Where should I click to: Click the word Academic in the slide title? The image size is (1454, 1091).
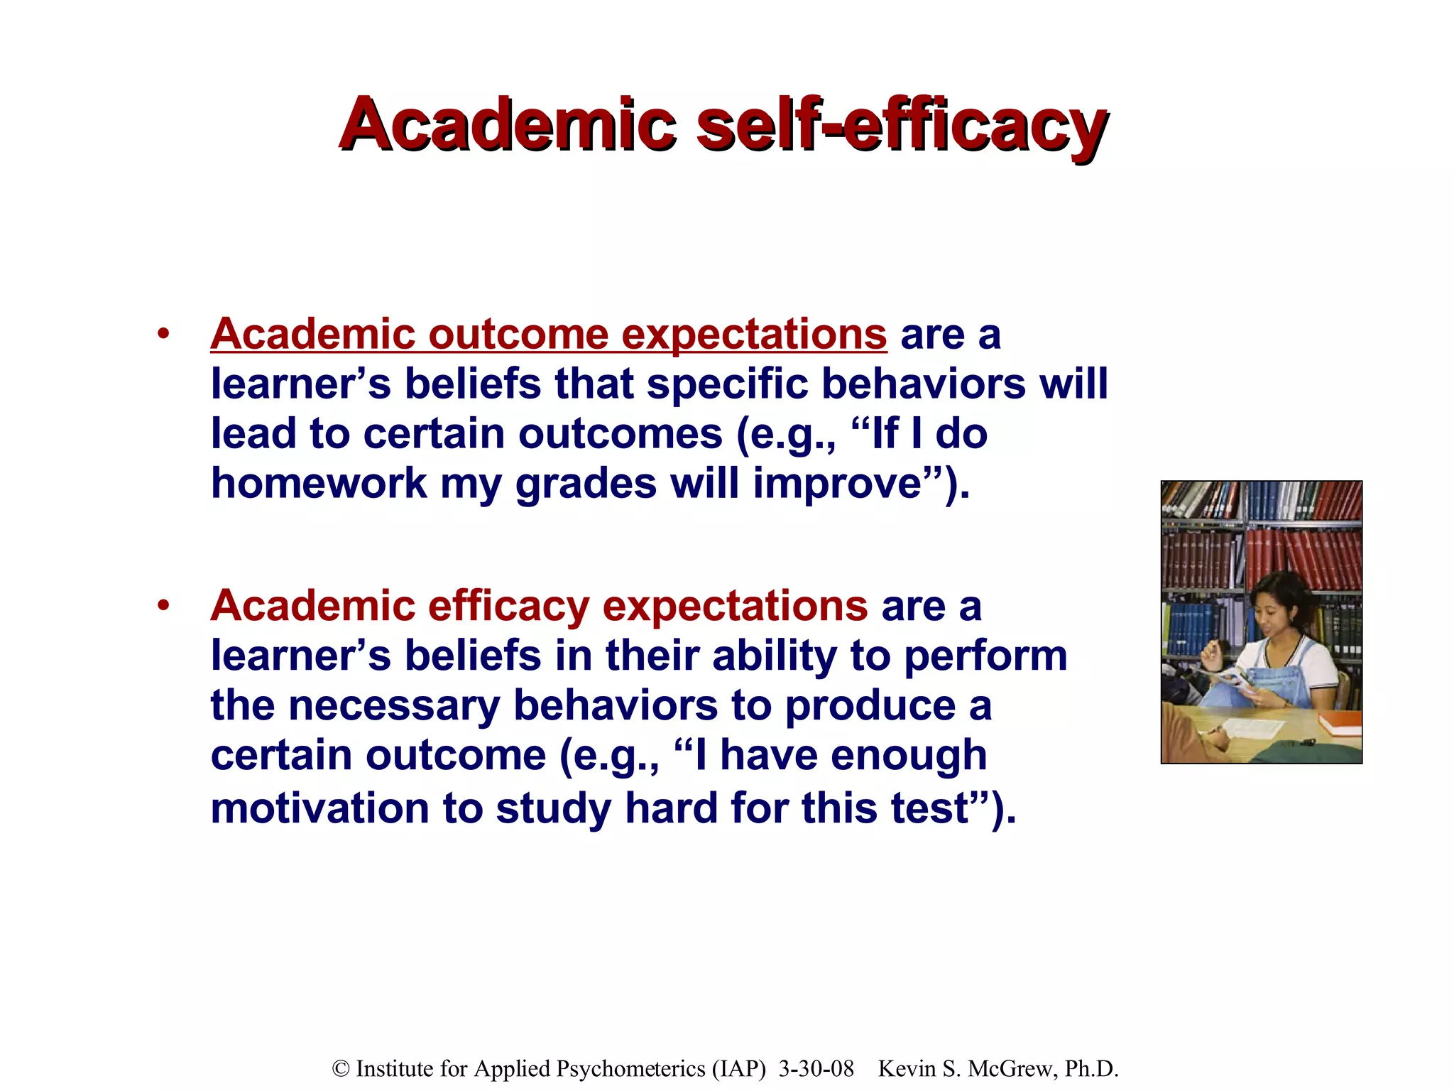pyautogui.click(x=507, y=124)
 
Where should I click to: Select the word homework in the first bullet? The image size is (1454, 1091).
pyautogui.click(x=319, y=484)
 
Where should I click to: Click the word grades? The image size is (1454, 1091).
pyautogui.click(x=586, y=485)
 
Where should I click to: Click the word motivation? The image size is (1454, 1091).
pyautogui.click(x=319, y=808)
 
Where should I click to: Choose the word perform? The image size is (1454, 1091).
pyautogui.click(x=985, y=656)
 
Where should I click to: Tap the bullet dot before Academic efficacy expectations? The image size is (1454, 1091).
pyautogui.click(x=164, y=606)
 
